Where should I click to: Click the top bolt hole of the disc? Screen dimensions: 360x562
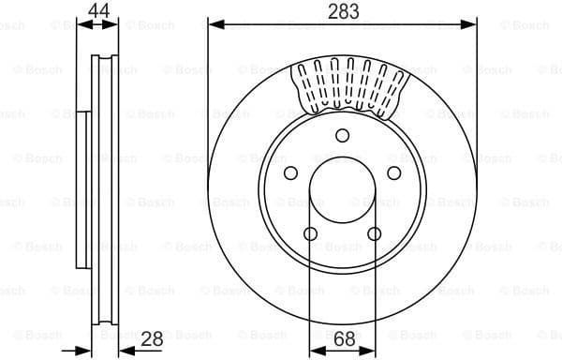coord(342,134)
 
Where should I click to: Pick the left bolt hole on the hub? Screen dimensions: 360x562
coord(290,172)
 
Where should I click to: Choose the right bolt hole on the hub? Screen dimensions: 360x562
coord(393,172)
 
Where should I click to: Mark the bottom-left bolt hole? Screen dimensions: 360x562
coord(310,233)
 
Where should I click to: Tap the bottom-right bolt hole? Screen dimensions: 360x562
coord(374,233)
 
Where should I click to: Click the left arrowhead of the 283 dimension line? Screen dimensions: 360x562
coord(212,24)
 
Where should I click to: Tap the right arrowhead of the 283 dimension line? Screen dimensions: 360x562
coord(473,24)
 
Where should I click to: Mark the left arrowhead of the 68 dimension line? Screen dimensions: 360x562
coord(316,350)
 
